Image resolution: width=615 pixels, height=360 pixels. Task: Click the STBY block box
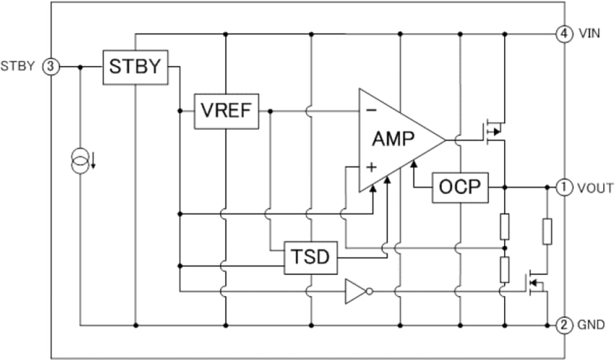click(x=136, y=67)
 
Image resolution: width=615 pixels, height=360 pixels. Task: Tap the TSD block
click(x=310, y=257)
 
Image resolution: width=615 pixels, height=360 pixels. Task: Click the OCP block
click(x=460, y=187)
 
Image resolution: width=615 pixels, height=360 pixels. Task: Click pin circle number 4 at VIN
click(x=564, y=34)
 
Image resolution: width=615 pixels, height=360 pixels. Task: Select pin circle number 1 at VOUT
click(x=564, y=187)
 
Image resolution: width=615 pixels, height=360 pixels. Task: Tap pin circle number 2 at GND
click(x=564, y=325)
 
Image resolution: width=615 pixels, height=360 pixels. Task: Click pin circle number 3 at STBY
click(x=51, y=67)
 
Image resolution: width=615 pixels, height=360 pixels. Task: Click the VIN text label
click(x=589, y=34)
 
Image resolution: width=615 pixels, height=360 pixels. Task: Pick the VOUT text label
click(x=595, y=187)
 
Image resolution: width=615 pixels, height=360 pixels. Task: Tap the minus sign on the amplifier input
click(x=371, y=111)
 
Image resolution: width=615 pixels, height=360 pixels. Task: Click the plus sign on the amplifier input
click(x=371, y=167)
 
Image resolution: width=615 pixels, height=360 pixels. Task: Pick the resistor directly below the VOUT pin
click(x=547, y=231)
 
